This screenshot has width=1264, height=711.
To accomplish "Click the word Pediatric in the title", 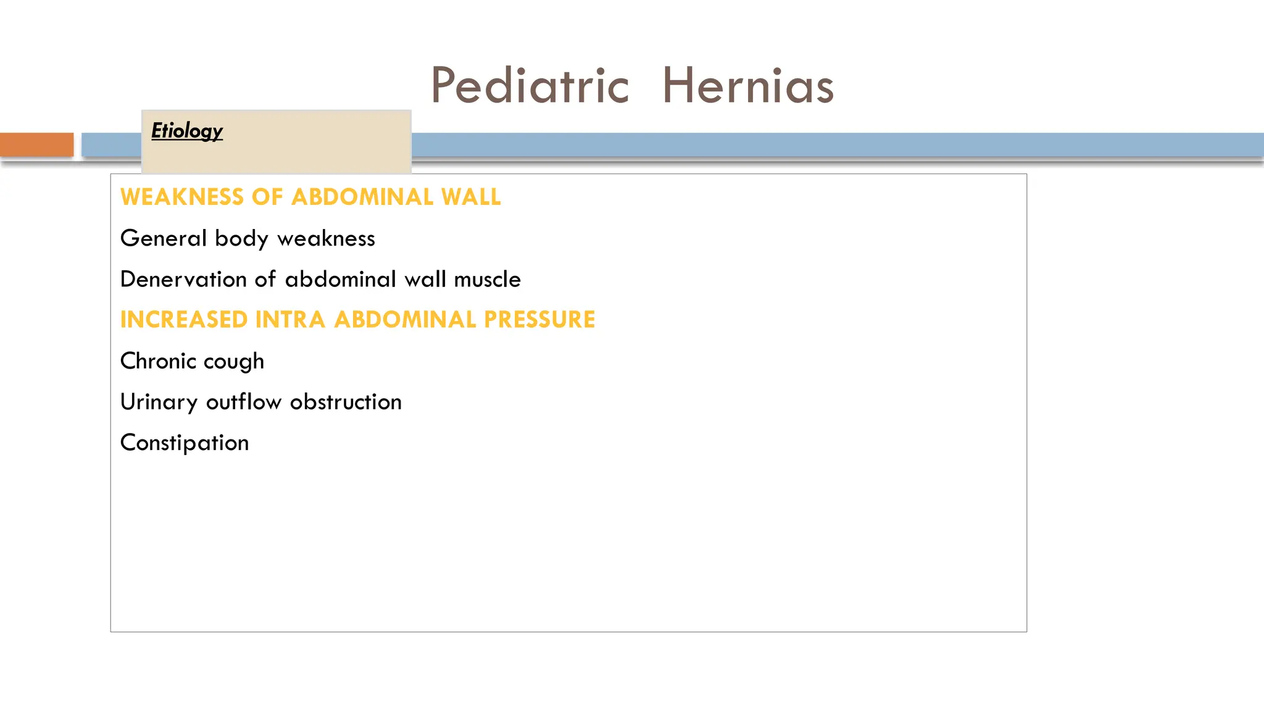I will point(530,85).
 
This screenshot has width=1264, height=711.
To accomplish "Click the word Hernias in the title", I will point(747,85).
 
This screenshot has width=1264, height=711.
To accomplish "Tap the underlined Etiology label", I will point(186,131).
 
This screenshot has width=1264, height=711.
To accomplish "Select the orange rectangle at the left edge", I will point(36,144).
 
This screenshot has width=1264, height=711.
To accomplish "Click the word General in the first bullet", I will point(164,238).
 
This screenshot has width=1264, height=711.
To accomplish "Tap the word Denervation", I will point(183,279).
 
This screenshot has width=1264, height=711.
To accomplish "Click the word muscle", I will point(487,279).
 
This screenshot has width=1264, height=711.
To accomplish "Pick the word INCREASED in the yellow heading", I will point(184,320).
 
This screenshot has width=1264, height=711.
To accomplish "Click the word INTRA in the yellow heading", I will point(290,320).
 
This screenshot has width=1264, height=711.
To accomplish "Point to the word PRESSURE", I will point(539,320).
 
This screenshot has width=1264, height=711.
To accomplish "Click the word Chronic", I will point(158,360).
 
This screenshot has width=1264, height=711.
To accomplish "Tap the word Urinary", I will point(159,402).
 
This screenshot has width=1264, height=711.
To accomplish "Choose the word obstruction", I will point(346,402).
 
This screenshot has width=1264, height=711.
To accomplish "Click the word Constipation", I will point(185,443).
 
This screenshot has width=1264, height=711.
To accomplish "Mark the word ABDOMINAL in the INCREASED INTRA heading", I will point(404,320).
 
